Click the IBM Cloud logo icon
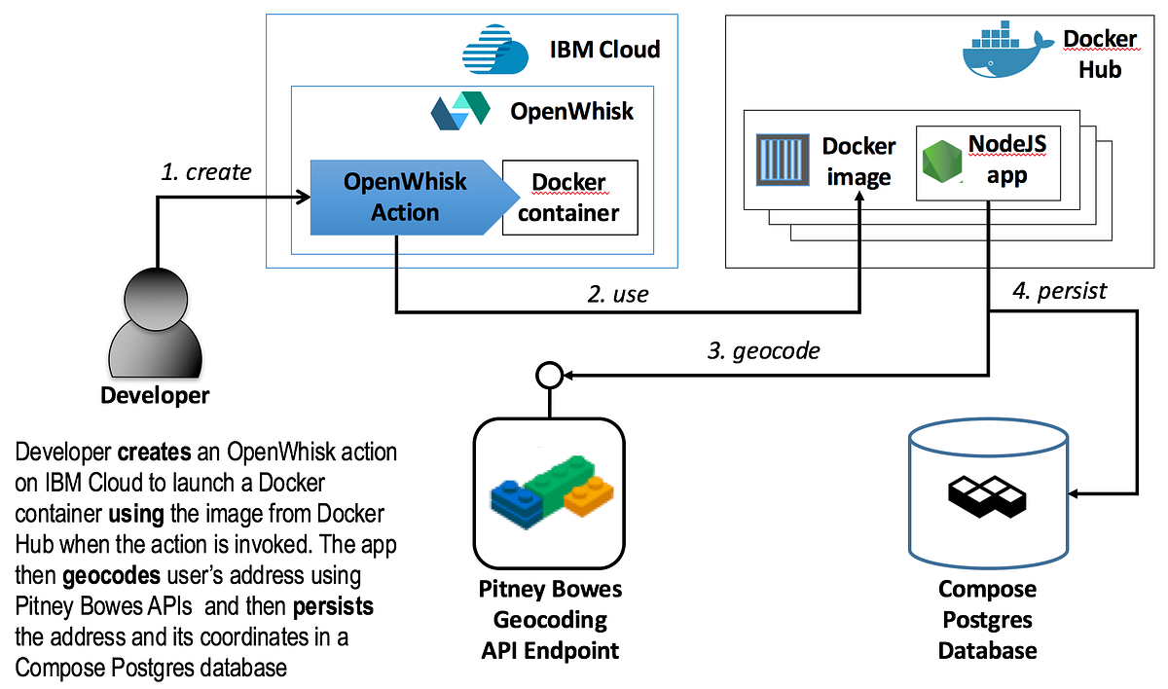tap(495, 50)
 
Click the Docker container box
tap(569, 198)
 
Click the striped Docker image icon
tap(784, 161)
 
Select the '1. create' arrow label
tap(205, 172)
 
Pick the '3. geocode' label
tap(762, 351)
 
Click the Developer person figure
tap(156, 323)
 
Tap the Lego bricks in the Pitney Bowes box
tap(548, 494)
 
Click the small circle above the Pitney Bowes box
tap(548, 374)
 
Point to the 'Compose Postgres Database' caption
tap(987, 619)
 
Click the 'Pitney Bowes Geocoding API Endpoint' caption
tap(550, 620)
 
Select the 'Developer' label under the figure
tap(155, 396)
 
